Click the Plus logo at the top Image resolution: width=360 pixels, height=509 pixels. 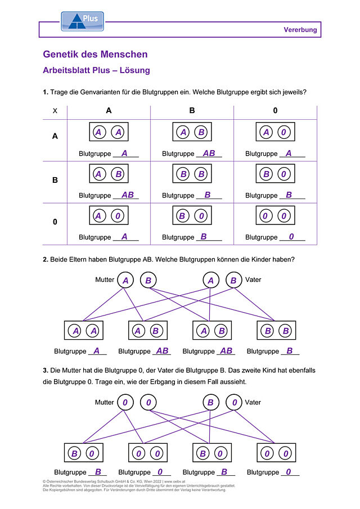point(83,21)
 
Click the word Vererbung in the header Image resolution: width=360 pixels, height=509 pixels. point(300,30)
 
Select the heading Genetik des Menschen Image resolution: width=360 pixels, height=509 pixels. point(95,54)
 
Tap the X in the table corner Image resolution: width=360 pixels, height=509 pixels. point(55,111)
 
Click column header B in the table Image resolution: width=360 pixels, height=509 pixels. point(192,110)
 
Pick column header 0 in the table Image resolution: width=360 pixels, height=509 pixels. point(275,110)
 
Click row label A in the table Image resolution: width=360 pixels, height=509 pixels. point(55,136)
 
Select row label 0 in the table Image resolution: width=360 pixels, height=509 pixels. point(55,222)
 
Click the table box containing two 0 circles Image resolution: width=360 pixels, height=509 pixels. point(275,215)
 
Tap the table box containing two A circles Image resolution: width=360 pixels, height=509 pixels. point(109,132)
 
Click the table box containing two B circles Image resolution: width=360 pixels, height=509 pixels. point(192,174)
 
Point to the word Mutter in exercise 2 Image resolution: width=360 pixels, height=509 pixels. point(105,280)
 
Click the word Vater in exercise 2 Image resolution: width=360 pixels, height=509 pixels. point(253,280)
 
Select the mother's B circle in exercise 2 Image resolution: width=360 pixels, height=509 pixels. point(148,280)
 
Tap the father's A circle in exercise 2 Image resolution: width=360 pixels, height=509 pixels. point(211,280)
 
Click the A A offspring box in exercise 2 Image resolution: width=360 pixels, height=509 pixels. point(84,331)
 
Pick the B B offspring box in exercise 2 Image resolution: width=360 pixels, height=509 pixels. point(276,331)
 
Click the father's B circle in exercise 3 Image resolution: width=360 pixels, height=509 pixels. point(211,403)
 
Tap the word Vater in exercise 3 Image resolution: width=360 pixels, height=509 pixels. point(253,402)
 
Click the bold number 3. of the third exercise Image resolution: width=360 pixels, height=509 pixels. point(46,371)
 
